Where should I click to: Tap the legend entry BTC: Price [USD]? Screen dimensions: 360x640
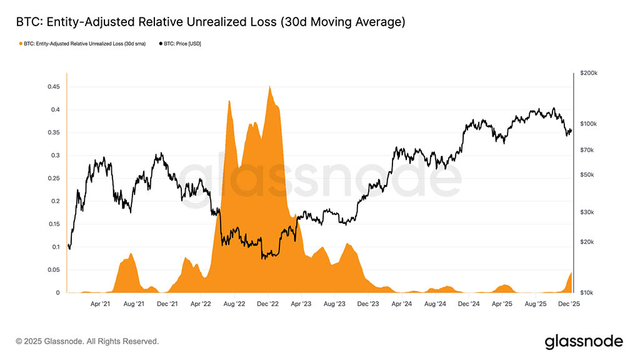181,44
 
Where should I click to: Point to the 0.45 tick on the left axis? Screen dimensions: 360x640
54,87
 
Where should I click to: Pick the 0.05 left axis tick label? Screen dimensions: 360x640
54,270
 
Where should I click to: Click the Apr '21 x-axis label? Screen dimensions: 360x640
101,304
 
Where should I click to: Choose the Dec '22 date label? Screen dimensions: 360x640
267,304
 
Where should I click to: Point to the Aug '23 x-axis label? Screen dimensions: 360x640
334,304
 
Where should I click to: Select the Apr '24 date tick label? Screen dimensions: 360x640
401,304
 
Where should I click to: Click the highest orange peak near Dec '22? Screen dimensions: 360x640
269,87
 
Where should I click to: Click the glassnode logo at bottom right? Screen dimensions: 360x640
584,341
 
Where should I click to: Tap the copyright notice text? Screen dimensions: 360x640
87,341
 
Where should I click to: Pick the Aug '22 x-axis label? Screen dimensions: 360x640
234,304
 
